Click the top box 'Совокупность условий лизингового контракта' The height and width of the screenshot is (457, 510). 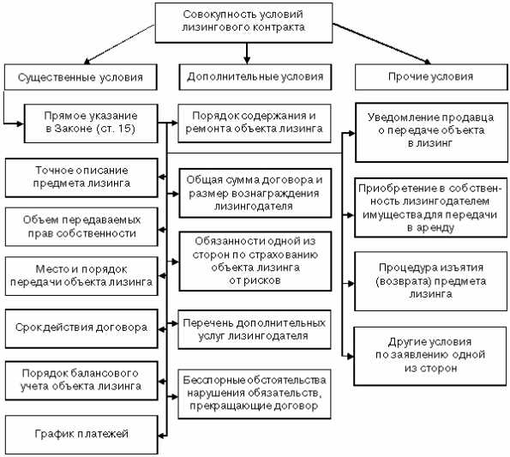click(x=244, y=21)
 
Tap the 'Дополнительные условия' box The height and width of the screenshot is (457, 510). click(x=255, y=77)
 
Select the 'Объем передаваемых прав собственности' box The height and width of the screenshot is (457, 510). click(x=83, y=225)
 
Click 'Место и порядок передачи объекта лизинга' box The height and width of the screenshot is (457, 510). click(x=83, y=274)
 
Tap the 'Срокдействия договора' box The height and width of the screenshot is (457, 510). click(x=83, y=327)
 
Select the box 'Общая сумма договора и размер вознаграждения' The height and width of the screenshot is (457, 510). click(x=252, y=187)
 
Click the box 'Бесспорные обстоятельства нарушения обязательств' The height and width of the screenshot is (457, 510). click(x=252, y=392)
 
